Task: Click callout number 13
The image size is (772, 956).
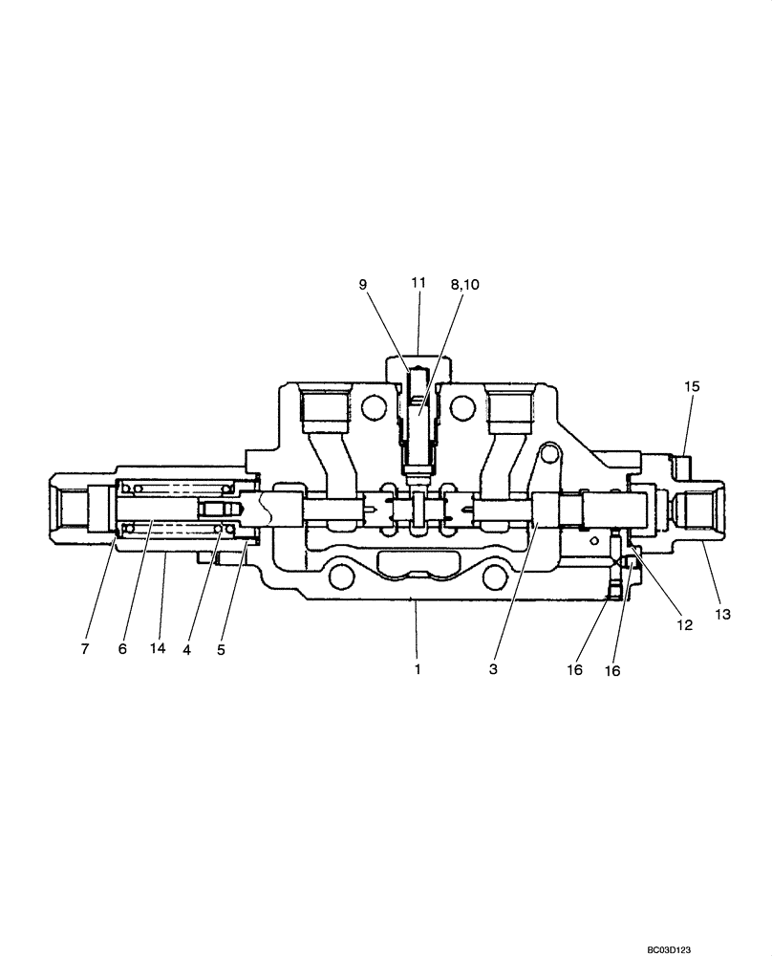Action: point(722,615)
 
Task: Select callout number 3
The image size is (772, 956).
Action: point(493,669)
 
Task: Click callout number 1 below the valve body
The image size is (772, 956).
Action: point(418,669)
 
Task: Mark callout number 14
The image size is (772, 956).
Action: point(158,648)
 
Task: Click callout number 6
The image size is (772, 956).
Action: point(122,648)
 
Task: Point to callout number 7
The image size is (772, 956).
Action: point(84,648)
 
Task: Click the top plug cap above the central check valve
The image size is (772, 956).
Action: point(418,361)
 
